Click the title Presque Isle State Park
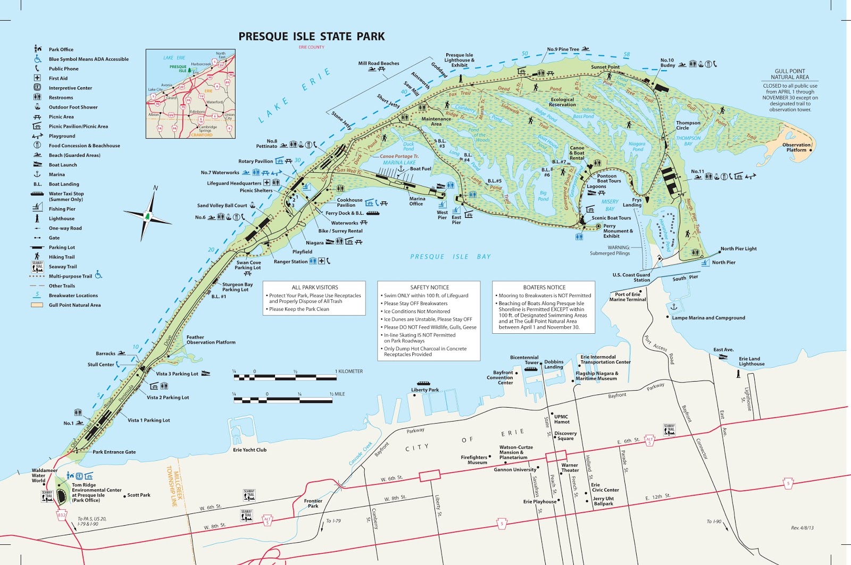[311, 37]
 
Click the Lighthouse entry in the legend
[61, 218]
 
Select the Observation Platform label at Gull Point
[796, 147]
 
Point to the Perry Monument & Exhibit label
[618, 231]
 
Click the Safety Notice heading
[429, 287]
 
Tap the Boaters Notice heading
[544, 287]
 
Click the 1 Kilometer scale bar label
[349, 372]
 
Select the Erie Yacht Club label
[249, 450]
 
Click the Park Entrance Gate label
[114, 452]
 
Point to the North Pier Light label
[738, 249]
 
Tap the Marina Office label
[416, 201]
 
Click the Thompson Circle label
[688, 125]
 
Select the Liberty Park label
[425, 390]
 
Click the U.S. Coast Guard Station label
[631, 277]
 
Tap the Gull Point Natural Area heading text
[790, 74]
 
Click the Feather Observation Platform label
[211, 340]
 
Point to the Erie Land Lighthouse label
[751, 361]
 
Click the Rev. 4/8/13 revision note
[802, 528]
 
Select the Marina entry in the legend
[56, 174]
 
